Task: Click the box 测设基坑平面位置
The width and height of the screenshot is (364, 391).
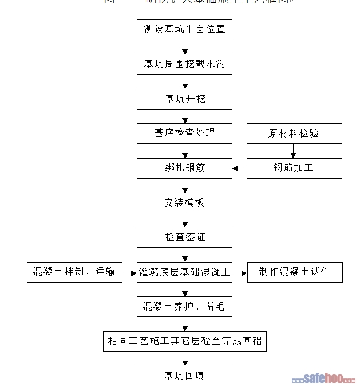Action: click(x=184, y=30)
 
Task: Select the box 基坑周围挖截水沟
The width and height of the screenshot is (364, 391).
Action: click(x=184, y=64)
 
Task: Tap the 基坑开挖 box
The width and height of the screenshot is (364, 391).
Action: click(x=184, y=99)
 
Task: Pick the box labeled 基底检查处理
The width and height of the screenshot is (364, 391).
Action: click(x=184, y=133)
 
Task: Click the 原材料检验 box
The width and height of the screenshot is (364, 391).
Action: click(x=294, y=133)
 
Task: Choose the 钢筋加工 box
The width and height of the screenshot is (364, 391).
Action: click(x=294, y=168)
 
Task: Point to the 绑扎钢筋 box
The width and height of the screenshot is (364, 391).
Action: click(x=184, y=168)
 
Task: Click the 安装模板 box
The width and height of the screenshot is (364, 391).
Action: click(x=184, y=202)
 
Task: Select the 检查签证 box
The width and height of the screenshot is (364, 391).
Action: click(x=184, y=237)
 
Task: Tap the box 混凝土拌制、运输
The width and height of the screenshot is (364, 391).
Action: click(x=74, y=272)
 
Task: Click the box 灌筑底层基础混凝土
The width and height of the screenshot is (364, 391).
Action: click(x=184, y=272)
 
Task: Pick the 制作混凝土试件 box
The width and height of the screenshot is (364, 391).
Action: click(x=294, y=272)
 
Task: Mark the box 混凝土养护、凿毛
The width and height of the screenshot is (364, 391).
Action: click(x=184, y=307)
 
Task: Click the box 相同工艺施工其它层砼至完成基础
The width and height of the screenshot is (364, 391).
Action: click(x=184, y=341)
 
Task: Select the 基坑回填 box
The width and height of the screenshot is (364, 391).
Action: click(x=184, y=376)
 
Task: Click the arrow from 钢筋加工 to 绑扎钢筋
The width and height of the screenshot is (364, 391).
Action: click(x=240, y=168)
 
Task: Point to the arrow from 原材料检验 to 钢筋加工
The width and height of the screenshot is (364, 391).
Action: click(x=294, y=151)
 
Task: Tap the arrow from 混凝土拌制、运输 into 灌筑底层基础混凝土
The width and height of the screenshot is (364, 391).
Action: click(x=129, y=272)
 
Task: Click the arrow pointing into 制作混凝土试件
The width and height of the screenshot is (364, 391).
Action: click(x=239, y=272)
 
